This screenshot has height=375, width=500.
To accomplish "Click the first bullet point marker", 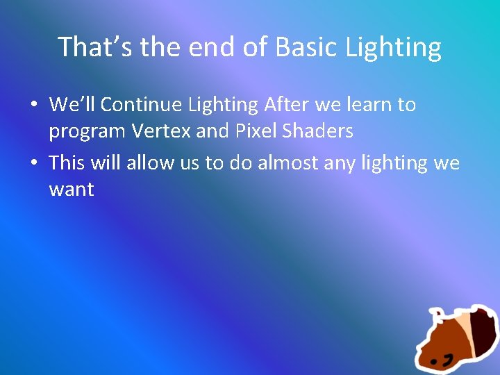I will [33, 106].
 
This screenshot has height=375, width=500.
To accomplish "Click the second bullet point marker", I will [33, 163].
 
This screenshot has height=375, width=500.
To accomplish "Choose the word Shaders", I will [319, 131].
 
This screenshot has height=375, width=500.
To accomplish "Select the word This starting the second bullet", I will [67, 162].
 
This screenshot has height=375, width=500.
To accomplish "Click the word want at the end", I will [71, 189].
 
